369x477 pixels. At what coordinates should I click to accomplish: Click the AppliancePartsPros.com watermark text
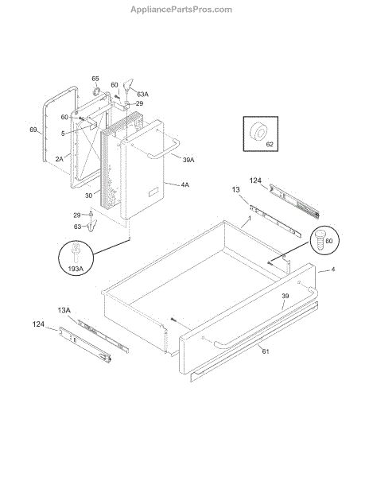point(181,10)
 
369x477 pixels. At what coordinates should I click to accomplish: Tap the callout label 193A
point(76,269)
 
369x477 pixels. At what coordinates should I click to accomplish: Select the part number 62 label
point(270,144)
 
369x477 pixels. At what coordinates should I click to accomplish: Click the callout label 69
point(33,130)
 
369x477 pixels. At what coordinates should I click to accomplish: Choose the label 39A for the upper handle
point(188,160)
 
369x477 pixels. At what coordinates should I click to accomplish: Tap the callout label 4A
point(185,184)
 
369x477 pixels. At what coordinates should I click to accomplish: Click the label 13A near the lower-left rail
point(64,310)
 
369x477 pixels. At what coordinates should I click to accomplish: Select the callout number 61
point(266,351)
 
